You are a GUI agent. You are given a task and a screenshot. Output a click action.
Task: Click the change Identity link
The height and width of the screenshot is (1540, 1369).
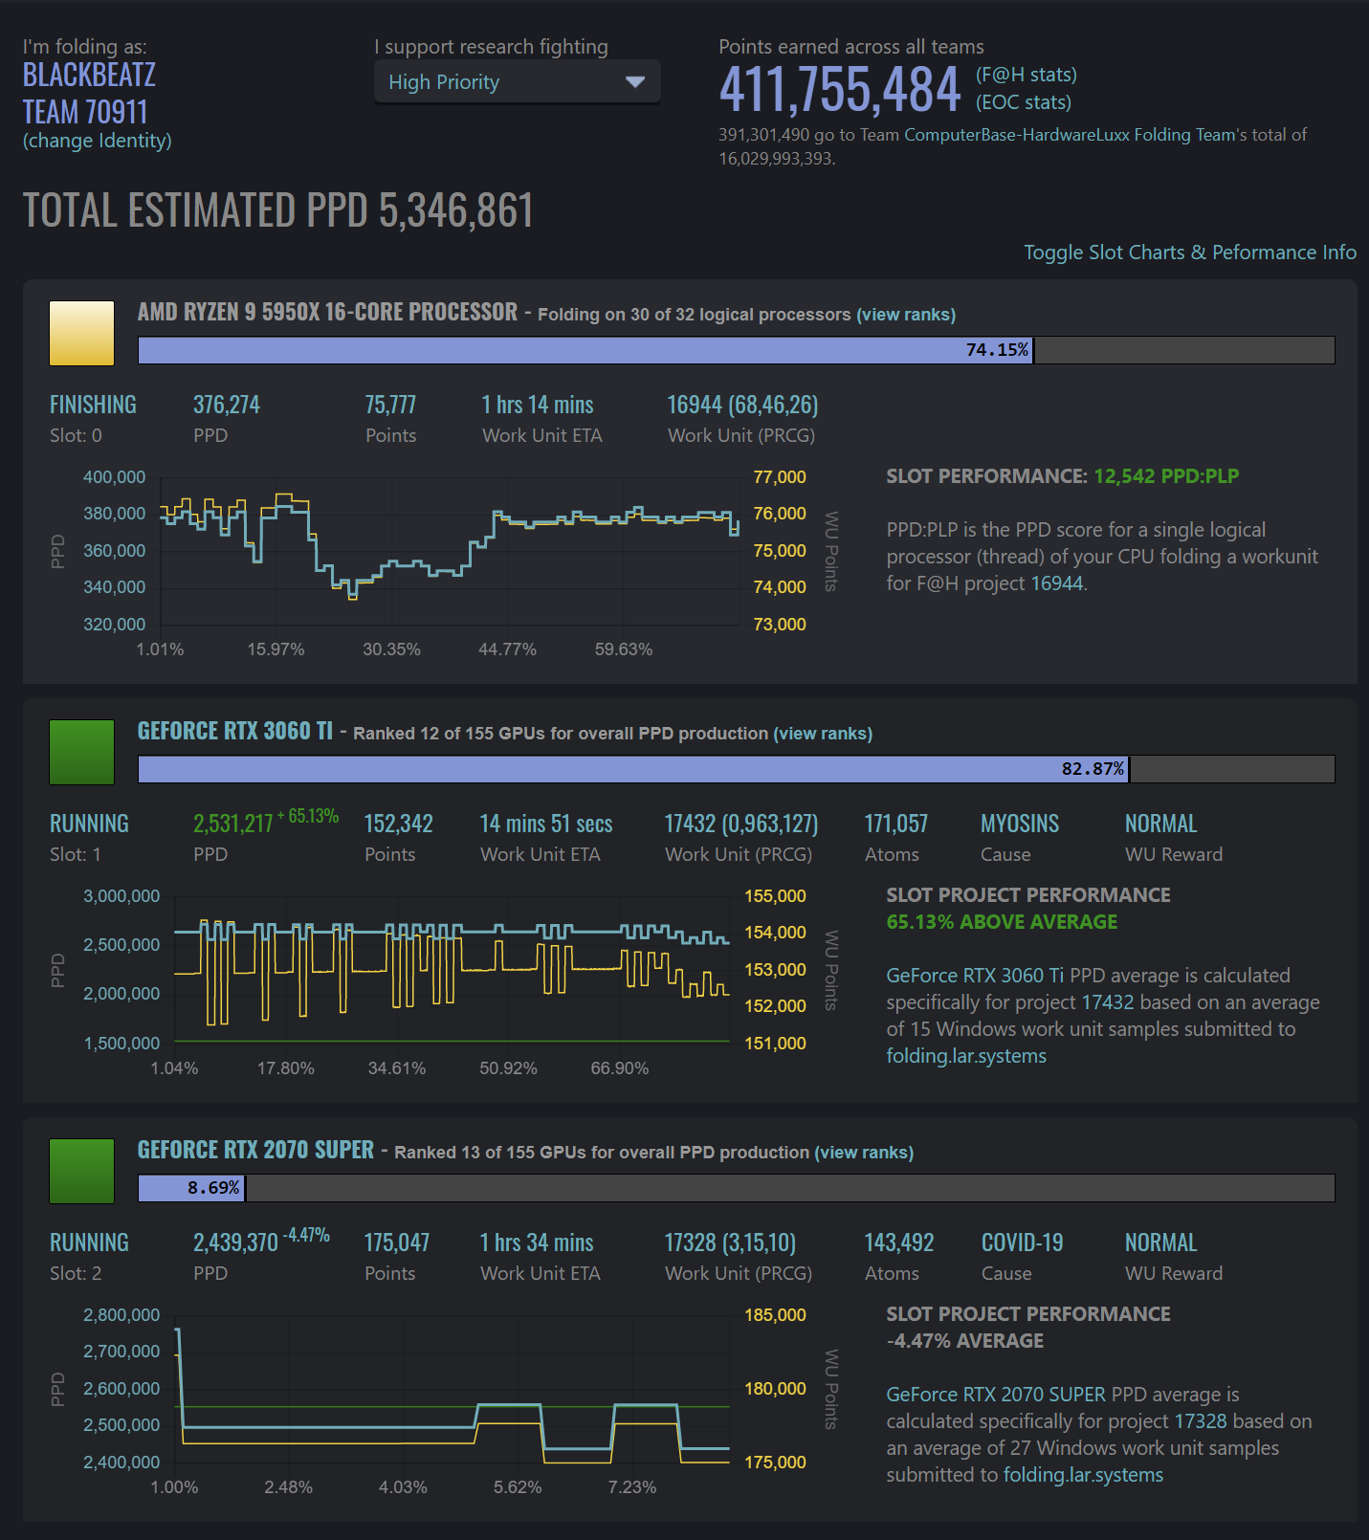click(97, 141)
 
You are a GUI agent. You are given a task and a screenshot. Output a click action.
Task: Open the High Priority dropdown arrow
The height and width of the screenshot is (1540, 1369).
click(634, 82)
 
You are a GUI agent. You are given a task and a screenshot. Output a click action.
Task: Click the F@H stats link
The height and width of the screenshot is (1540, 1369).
click(1026, 75)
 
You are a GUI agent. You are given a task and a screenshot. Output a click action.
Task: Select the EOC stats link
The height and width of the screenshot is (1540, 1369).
click(1023, 102)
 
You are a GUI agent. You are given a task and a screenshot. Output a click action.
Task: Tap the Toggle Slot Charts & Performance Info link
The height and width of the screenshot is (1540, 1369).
click(1189, 253)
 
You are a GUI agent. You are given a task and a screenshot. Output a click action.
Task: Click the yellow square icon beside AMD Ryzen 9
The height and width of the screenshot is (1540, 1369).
click(82, 333)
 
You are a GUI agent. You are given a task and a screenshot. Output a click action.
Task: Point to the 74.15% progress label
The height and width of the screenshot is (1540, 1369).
click(997, 350)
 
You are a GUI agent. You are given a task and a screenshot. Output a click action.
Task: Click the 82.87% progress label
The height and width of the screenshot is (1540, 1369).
click(1093, 769)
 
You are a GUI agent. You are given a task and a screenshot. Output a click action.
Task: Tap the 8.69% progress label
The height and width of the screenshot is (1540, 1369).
click(213, 1188)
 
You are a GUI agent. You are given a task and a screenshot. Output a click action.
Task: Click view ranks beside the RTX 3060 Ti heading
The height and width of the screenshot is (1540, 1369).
click(823, 734)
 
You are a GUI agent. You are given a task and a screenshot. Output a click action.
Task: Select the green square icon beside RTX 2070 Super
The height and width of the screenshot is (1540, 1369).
click(82, 1171)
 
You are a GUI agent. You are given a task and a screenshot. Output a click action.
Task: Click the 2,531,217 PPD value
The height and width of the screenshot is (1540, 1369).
click(232, 825)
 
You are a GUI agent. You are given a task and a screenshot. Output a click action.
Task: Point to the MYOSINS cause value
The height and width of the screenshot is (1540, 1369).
click(1020, 825)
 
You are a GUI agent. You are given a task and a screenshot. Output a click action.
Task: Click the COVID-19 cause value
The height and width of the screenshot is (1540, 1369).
click(1022, 1243)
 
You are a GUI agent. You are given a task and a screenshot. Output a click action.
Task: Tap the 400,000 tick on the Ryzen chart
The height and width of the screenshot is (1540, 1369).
click(115, 477)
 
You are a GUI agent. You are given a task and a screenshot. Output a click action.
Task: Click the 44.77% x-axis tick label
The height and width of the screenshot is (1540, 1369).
click(507, 649)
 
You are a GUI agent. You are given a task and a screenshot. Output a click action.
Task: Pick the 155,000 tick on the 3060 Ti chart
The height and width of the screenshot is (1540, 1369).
click(775, 896)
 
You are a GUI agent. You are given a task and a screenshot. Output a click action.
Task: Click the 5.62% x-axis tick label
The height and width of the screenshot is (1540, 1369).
click(518, 1487)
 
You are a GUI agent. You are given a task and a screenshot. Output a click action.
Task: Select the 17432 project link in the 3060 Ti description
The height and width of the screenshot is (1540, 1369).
click(1107, 1002)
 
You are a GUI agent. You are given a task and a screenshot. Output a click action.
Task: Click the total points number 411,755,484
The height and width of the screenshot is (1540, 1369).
click(839, 90)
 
